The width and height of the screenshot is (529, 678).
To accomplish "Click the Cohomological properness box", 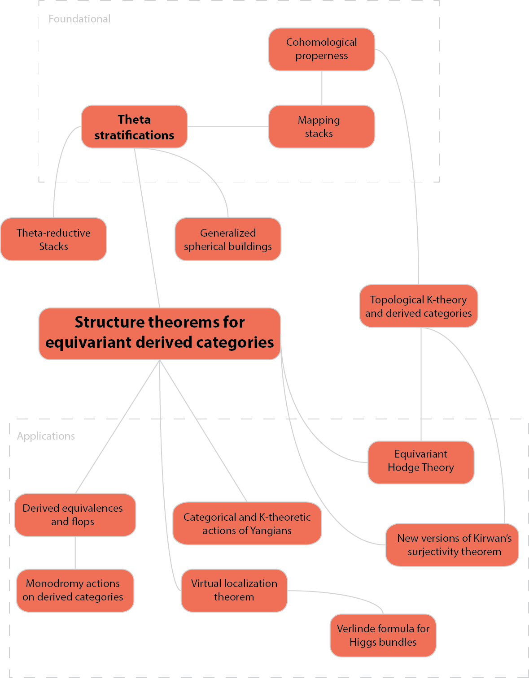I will click(x=322, y=49).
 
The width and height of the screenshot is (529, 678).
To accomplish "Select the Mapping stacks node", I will click(x=322, y=126).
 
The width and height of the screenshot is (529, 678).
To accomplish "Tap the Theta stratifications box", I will click(x=134, y=127).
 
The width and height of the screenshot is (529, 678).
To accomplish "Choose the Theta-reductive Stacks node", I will click(x=54, y=239).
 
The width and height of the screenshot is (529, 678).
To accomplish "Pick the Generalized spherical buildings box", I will click(x=228, y=239).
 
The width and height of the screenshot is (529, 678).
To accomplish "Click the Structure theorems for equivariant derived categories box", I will click(x=160, y=333).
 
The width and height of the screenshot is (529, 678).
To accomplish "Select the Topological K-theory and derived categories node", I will click(x=419, y=306).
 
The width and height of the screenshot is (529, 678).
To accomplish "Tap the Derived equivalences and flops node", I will click(x=75, y=515).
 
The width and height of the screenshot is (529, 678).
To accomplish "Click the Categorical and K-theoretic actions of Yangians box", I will click(x=247, y=523).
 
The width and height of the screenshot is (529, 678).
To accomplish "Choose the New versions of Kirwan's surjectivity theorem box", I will click(x=452, y=544).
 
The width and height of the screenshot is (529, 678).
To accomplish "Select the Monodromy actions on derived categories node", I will click(x=75, y=590).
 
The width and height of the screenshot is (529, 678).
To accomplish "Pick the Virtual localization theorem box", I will click(x=234, y=590).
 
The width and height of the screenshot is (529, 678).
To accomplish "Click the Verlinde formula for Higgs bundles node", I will click(x=383, y=635).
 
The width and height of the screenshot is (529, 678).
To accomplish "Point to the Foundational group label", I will click(x=79, y=19).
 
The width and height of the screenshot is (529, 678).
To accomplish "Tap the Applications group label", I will click(x=46, y=436).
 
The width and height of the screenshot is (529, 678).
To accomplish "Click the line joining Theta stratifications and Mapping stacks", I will click(x=228, y=126).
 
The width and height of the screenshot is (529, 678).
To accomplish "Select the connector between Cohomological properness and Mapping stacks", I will click(x=322, y=88).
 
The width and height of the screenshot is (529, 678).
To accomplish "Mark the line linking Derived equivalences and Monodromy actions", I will click(x=75, y=553).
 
